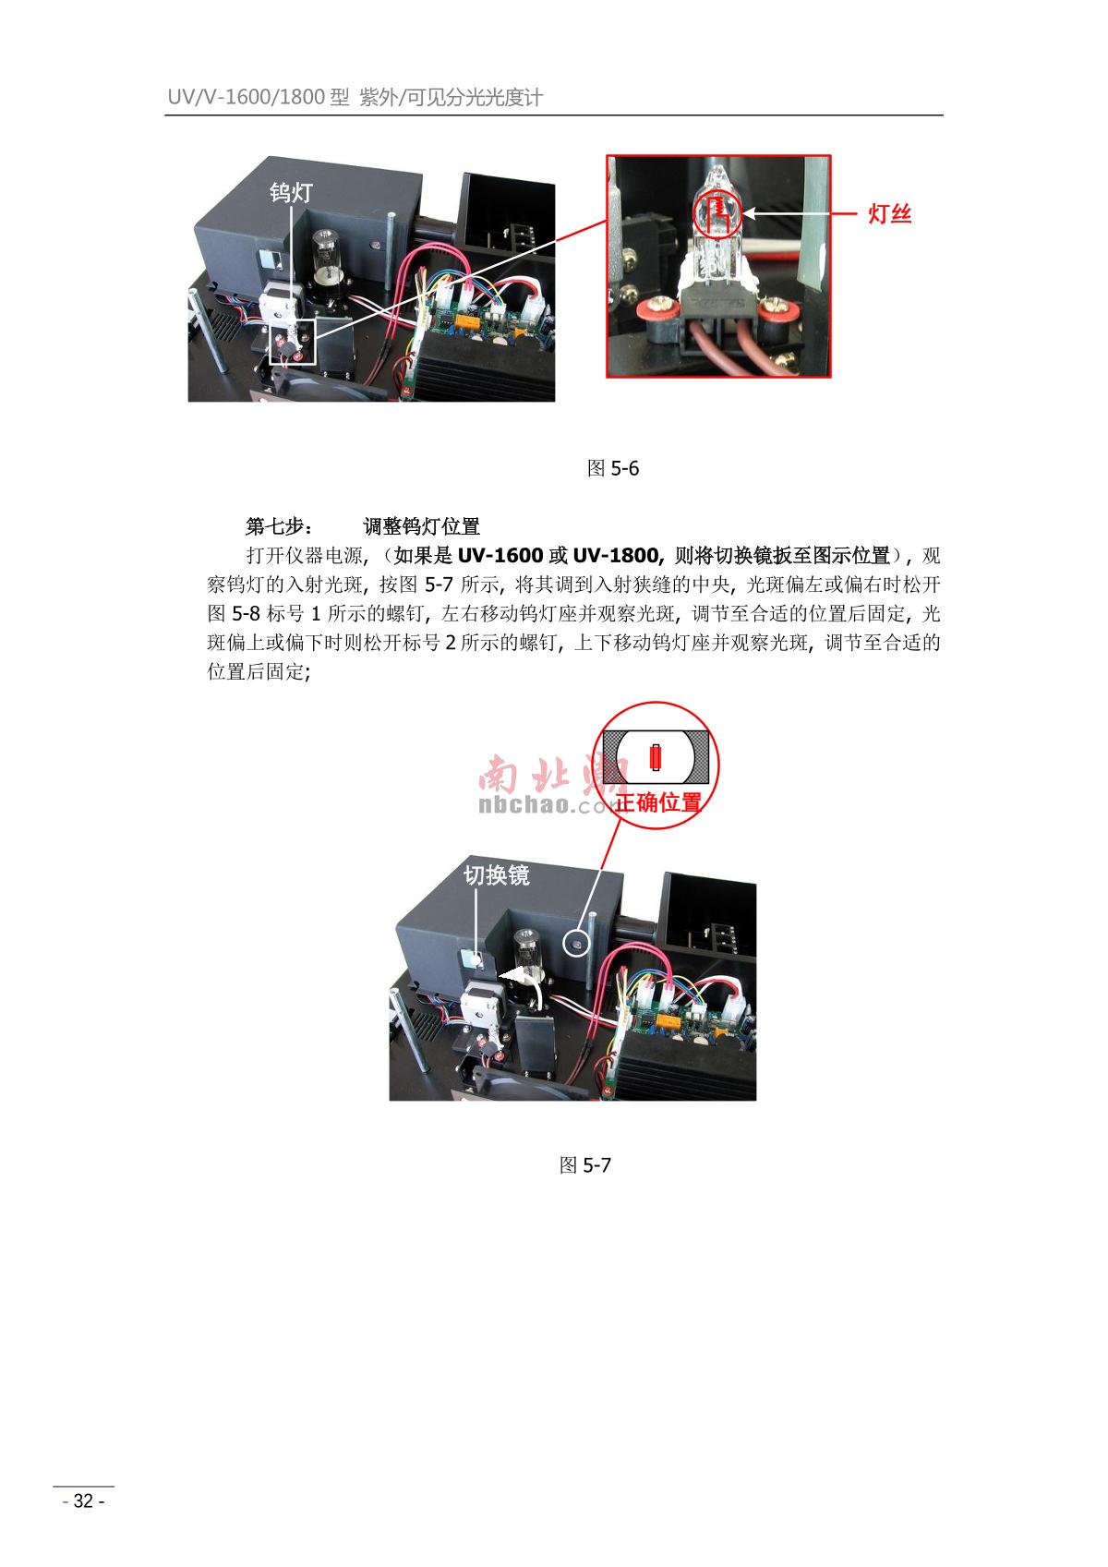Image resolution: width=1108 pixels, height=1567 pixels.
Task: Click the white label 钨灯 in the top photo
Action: (x=291, y=192)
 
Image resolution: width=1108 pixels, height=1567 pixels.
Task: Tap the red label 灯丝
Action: (x=890, y=213)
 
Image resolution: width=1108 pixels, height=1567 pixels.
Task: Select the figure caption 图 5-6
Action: (x=613, y=468)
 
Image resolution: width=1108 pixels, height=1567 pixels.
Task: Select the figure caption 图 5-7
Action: (x=584, y=1164)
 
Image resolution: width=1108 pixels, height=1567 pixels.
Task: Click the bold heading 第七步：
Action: (x=280, y=526)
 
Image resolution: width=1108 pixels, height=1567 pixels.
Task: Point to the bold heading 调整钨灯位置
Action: (x=421, y=526)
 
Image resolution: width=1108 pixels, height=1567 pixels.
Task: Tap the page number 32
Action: (x=83, y=1501)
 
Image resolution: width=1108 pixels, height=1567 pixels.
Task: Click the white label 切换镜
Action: (x=497, y=875)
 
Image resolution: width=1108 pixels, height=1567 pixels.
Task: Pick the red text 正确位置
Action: (x=658, y=802)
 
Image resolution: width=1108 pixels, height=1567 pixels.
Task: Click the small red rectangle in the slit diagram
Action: (x=656, y=757)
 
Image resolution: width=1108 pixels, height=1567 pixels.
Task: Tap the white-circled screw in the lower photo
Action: (x=577, y=945)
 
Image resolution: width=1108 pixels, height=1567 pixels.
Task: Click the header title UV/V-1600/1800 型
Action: (x=259, y=97)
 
